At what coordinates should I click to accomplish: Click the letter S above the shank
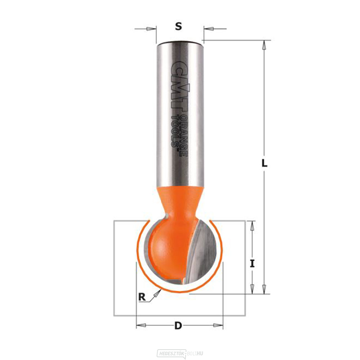(178, 26)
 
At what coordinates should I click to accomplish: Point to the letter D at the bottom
(177, 326)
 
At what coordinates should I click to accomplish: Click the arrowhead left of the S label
(153, 28)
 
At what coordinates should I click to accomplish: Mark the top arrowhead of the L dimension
(265, 45)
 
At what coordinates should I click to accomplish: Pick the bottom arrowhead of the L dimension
(265, 289)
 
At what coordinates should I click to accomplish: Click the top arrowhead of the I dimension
(252, 225)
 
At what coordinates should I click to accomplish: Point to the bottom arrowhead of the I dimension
(252, 289)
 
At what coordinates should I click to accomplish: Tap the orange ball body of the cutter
(164, 248)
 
